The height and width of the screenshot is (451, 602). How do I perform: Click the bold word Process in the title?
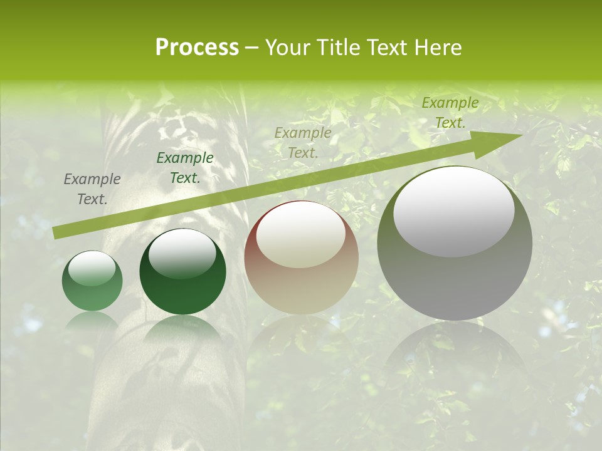coord(197,48)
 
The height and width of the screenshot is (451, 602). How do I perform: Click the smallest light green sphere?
coord(92,281)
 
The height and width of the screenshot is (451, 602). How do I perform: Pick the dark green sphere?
coord(182,272)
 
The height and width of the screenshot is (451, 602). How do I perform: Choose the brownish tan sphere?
coord(301,258)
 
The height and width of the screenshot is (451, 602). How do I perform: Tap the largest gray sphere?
coord(455,243)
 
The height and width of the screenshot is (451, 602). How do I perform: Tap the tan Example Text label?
coord(303,142)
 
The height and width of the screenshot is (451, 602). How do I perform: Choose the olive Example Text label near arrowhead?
coord(450,113)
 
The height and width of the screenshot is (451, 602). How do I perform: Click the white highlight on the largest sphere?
coord(453,212)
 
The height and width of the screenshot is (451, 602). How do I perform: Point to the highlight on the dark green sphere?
coord(182,253)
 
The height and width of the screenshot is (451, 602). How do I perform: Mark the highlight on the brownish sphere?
coord(300,235)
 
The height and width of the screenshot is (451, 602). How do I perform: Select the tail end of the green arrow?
coord(58,232)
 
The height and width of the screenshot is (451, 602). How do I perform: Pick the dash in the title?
coord(251,48)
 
